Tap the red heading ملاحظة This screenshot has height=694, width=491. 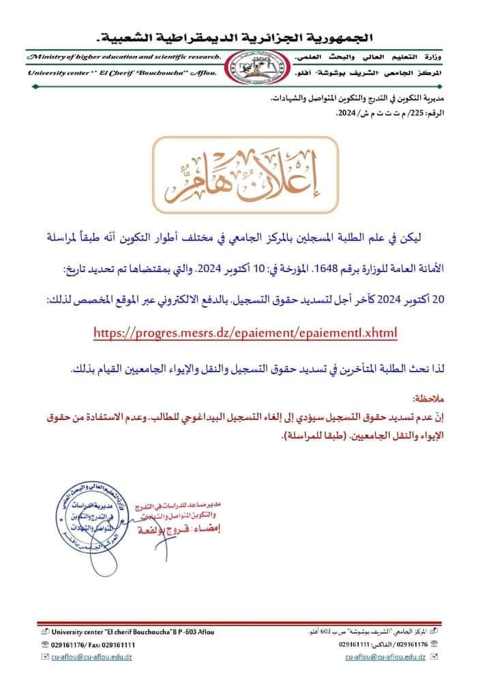pos(431,396)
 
